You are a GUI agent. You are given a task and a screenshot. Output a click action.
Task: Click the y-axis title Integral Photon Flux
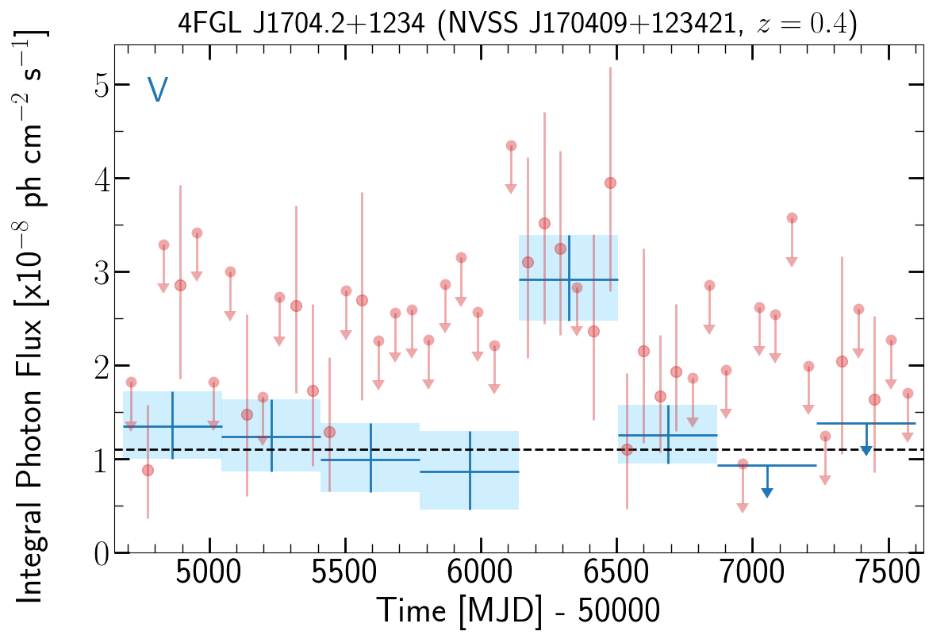(32, 302)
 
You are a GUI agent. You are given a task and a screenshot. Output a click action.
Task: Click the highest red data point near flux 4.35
(511, 145)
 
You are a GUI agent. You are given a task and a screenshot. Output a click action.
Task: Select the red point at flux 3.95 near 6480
(610, 183)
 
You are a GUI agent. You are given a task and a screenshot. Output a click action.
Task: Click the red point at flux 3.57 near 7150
(792, 217)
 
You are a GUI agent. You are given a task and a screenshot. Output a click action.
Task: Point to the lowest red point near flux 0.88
(148, 470)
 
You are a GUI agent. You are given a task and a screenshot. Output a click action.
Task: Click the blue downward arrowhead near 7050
(766, 493)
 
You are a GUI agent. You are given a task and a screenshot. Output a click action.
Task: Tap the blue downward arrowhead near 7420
(866, 451)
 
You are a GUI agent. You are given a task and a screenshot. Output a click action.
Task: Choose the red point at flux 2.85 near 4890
(180, 285)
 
